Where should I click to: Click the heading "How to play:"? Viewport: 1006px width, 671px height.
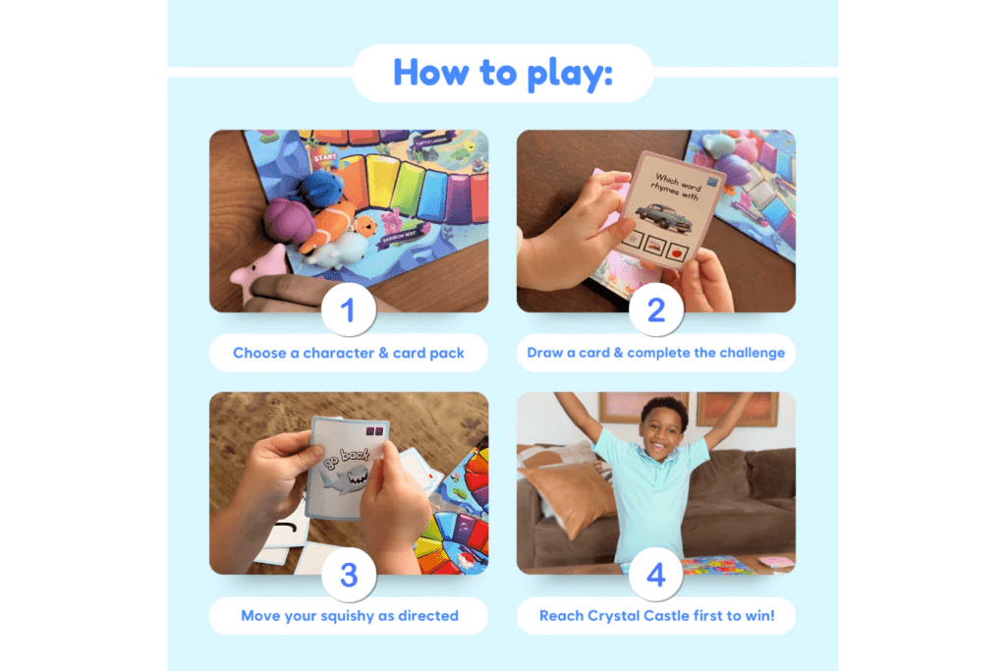(x=502, y=73)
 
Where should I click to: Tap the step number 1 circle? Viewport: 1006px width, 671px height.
(x=348, y=311)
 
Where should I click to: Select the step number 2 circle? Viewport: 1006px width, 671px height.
(x=655, y=311)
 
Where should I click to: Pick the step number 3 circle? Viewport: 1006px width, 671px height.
(x=348, y=575)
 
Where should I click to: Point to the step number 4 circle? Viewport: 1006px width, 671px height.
(x=655, y=575)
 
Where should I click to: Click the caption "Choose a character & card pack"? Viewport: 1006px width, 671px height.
(x=348, y=353)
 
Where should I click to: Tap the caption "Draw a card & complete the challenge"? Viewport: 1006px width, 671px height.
(x=655, y=353)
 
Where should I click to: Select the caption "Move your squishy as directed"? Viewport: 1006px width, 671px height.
(x=349, y=616)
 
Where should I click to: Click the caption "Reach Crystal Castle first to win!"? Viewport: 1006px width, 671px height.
(x=655, y=616)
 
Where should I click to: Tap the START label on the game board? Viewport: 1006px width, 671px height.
(x=324, y=156)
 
